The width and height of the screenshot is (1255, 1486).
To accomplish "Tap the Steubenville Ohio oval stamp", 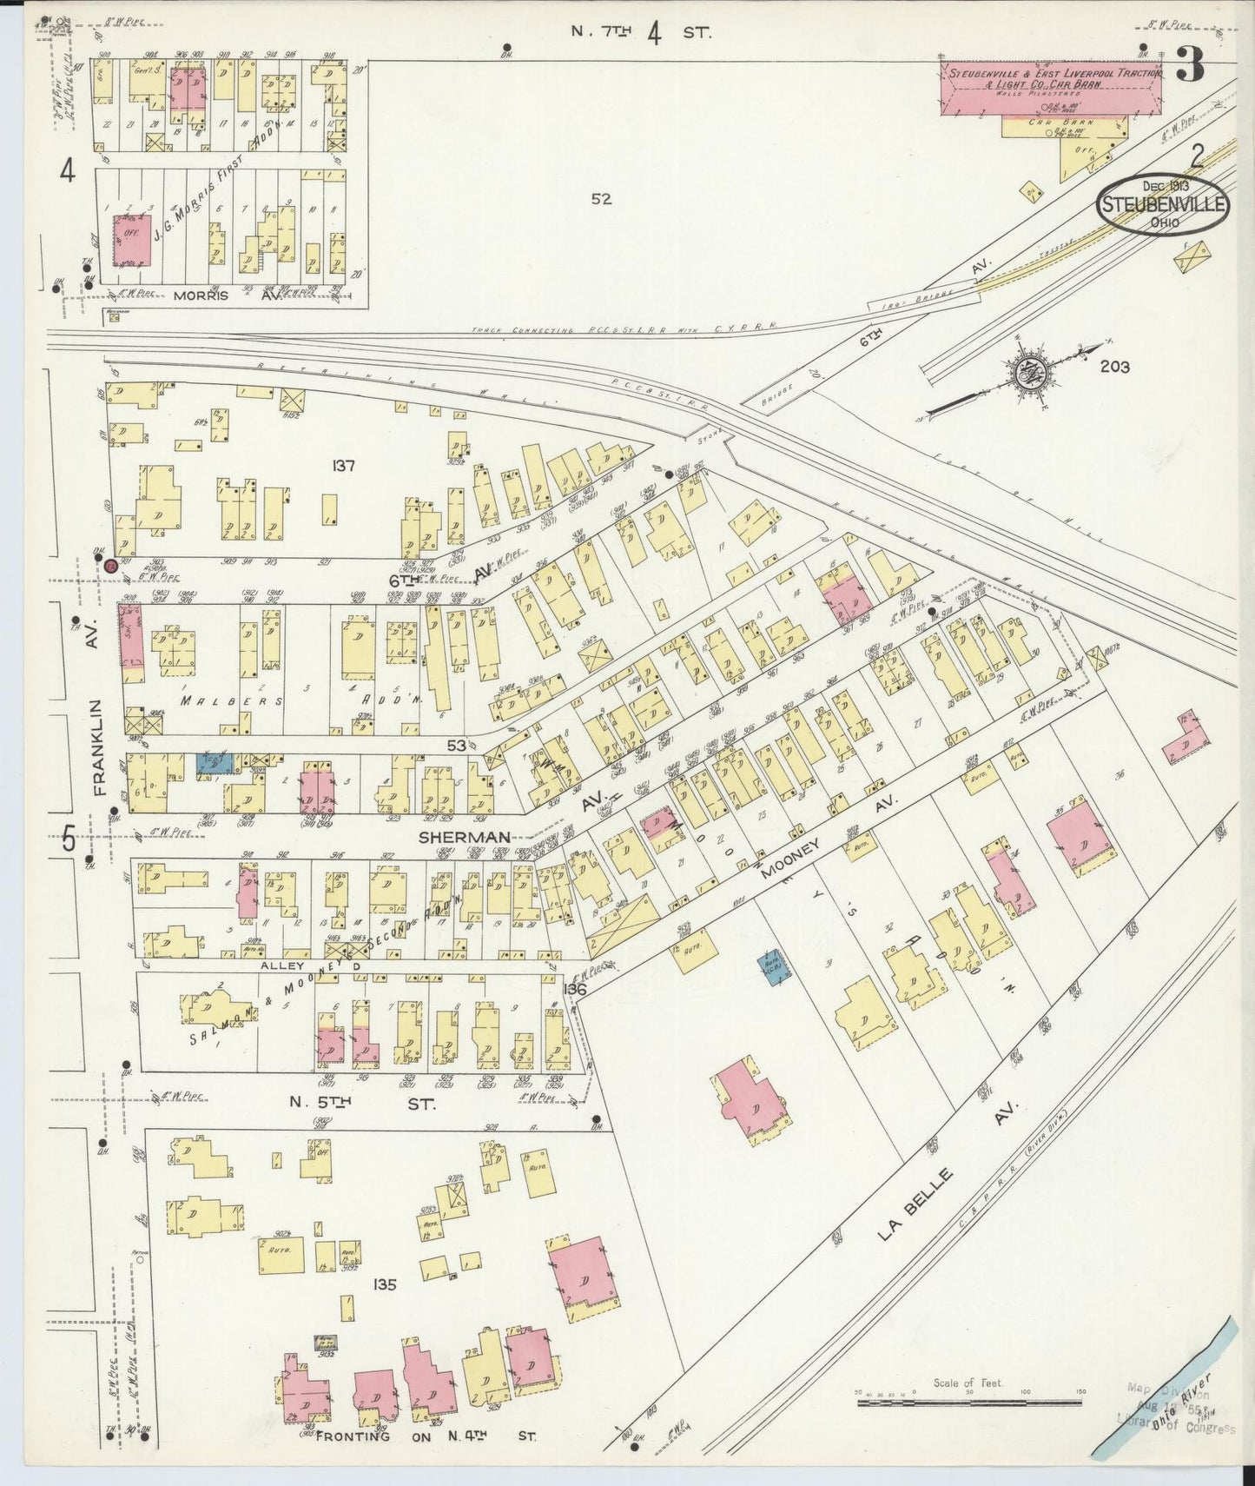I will tap(1162, 204).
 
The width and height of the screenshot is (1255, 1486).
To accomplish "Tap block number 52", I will tap(601, 199).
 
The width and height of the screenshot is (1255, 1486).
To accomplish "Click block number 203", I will tap(1114, 367).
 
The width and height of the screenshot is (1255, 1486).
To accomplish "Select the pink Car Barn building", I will tap(1051, 88).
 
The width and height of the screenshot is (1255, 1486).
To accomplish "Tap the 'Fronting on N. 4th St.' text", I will tap(426, 1436).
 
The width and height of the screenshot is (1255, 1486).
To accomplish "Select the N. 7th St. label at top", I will tap(641, 33).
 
